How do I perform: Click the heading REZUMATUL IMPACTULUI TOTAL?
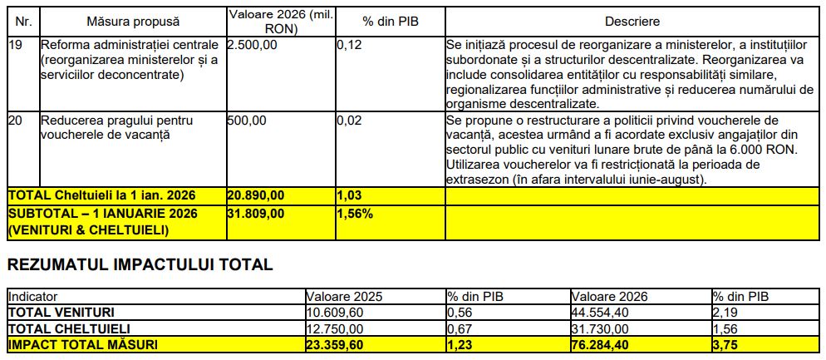pos(140,265)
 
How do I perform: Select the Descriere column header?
pos(632,20)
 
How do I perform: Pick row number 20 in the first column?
pos(15,121)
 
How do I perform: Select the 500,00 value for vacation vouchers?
pos(247,121)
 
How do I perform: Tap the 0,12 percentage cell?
pos(350,44)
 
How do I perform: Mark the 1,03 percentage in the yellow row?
pos(350,195)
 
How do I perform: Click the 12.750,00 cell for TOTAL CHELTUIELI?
pos(336,328)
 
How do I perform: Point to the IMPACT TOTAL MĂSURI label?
pos(82,344)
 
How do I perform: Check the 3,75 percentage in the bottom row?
pos(725,344)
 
